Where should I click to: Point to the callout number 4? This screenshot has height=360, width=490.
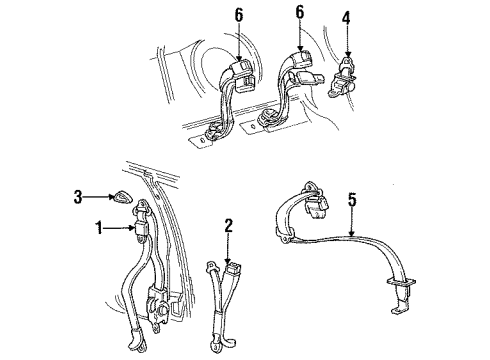(347, 18)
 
